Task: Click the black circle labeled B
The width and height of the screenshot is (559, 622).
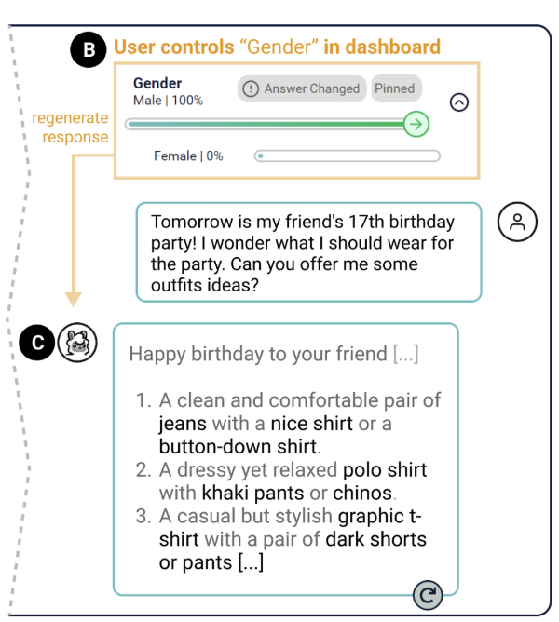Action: point(89,49)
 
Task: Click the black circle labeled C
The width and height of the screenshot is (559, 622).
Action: point(37,343)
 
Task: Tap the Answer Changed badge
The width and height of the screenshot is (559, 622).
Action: point(302,88)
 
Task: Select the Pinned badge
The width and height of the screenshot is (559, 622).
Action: point(396,88)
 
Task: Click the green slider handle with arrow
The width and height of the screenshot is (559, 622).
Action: point(416,124)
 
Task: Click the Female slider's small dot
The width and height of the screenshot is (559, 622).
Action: point(261,155)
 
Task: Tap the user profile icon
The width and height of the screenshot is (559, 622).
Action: point(517,222)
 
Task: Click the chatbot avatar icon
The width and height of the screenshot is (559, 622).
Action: point(77,343)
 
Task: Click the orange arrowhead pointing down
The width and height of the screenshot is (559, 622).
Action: point(73,300)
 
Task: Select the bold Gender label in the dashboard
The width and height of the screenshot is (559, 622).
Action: point(157,83)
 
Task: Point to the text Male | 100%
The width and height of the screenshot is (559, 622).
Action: point(168,101)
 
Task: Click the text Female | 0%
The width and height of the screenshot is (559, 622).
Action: point(188,155)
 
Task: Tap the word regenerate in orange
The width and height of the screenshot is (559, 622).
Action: point(70,118)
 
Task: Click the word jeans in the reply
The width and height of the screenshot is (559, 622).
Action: point(183,424)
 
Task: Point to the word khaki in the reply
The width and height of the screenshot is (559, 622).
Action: point(225,494)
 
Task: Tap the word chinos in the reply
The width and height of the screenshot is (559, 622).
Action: point(362,494)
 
